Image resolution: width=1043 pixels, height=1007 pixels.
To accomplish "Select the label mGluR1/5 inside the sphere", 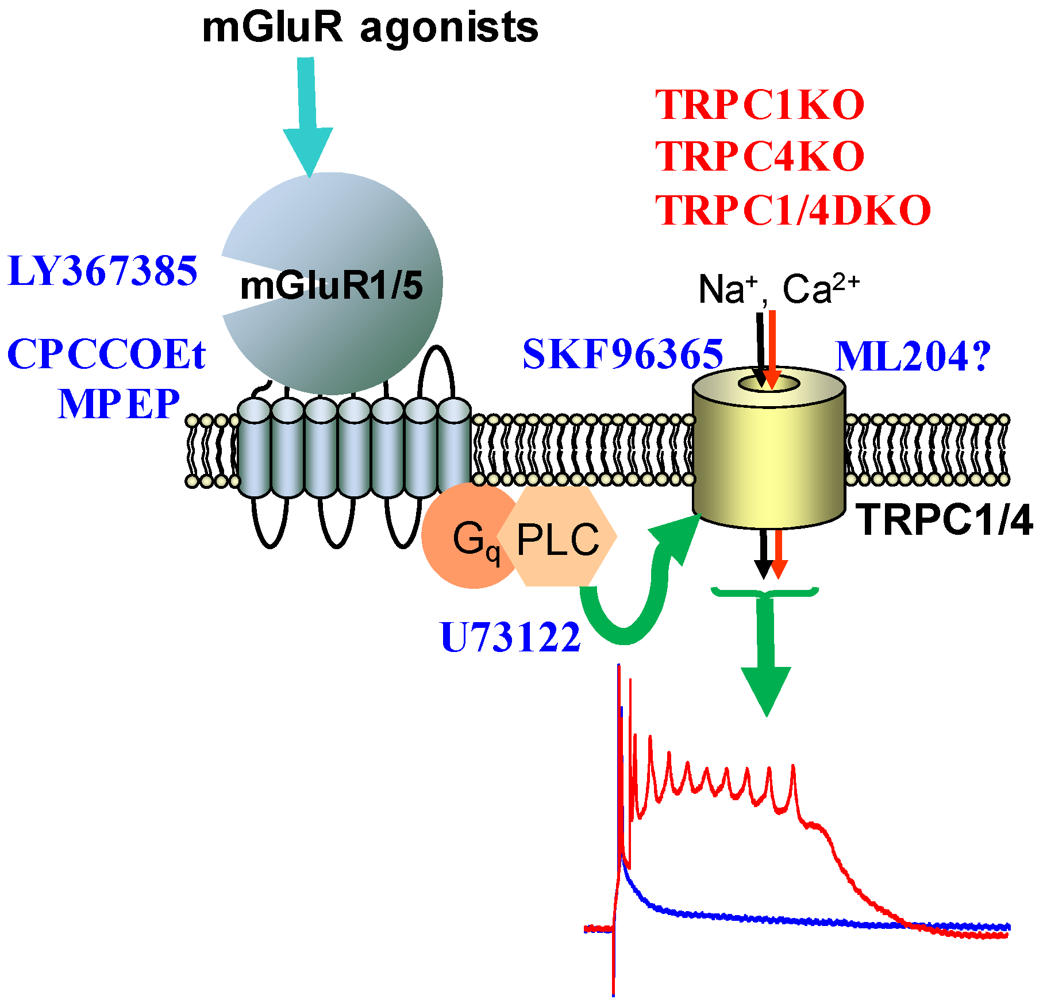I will tap(332, 285).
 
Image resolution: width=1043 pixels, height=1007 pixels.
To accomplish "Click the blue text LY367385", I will tap(102, 271).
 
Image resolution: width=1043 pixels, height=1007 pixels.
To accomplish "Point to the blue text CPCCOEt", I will tap(106, 354).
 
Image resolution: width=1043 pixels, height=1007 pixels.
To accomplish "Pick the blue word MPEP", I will tap(119, 404).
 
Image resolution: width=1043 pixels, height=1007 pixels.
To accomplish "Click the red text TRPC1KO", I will tap(759, 105).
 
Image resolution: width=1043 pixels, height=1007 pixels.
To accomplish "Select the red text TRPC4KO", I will tap(759, 156).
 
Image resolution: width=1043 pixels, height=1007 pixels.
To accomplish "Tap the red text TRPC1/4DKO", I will tap(792, 210).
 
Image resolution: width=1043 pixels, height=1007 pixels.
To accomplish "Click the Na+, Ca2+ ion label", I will tap(778, 288).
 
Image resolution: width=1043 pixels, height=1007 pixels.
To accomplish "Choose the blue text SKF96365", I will tap(622, 354).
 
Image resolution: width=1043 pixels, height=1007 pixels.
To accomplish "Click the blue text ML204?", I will tap(913, 357).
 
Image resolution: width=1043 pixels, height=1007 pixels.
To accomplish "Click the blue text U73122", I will tap(510, 637).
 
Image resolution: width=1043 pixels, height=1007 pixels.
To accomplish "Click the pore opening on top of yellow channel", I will tap(769, 384).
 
